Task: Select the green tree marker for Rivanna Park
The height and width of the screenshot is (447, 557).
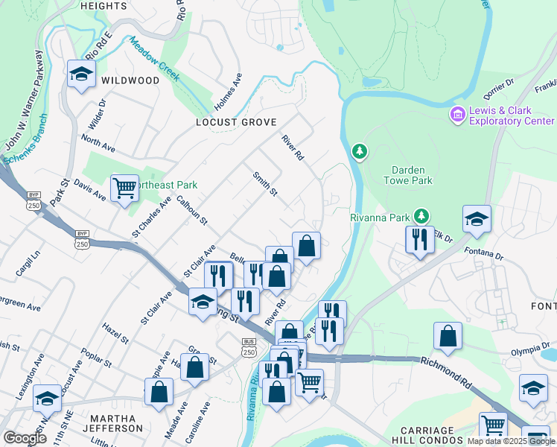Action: click(x=421, y=216)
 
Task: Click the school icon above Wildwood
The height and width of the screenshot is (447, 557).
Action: click(x=80, y=74)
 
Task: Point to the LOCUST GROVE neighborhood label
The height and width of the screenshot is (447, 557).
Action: click(x=236, y=122)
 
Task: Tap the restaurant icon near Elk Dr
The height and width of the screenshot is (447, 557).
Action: click(x=420, y=240)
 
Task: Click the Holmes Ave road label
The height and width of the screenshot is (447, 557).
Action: click(x=229, y=91)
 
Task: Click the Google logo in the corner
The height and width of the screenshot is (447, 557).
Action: click(x=25, y=438)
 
